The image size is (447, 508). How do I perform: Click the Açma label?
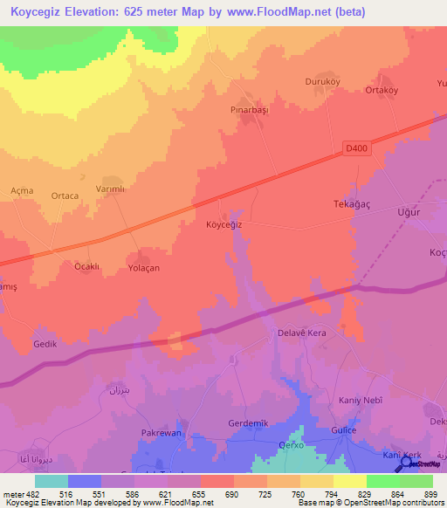(x=22, y=190)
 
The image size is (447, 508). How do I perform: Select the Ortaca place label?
(x=65, y=196)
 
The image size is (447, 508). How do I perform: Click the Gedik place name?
(x=45, y=344)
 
